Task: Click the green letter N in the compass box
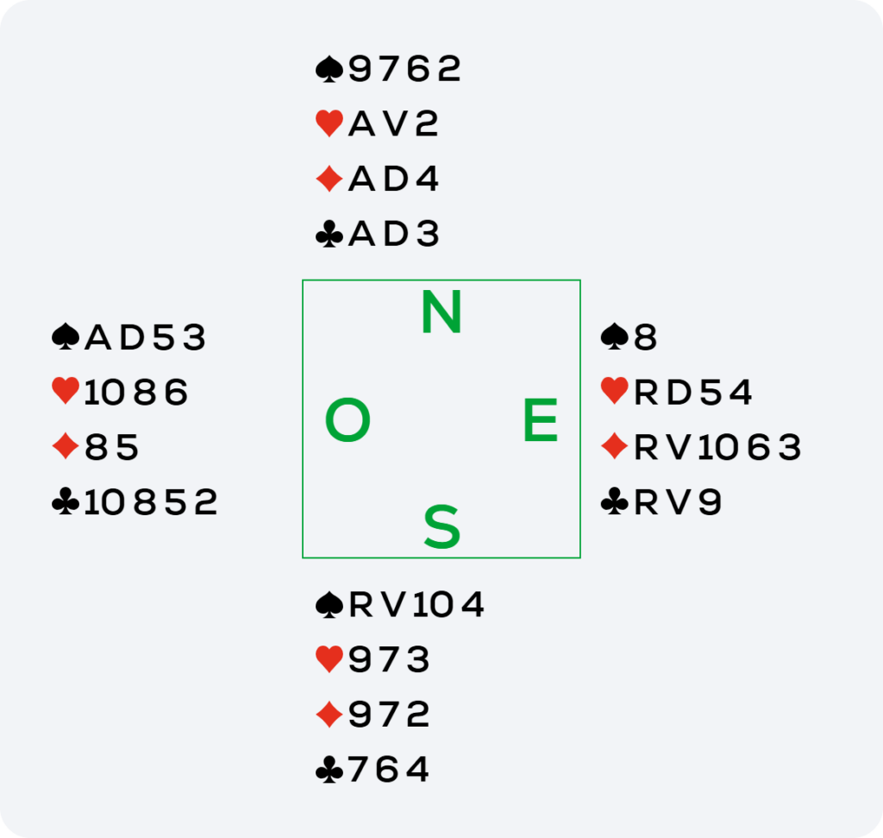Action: coord(441,312)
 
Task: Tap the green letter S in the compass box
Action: coord(442,526)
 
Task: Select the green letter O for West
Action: coord(348,419)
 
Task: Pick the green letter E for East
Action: coord(541,419)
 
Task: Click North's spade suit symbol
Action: coord(329,69)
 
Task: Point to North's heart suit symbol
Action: coord(329,123)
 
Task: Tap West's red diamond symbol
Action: coord(66,446)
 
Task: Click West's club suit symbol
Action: coord(66,501)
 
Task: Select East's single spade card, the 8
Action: coord(645,337)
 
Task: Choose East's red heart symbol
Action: coord(614,391)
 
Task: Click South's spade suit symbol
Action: coord(329,605)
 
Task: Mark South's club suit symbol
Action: coord(329,770)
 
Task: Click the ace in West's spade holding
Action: coord(97,337)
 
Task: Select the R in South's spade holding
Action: coord(361,605)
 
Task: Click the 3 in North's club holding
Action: coord(428,234)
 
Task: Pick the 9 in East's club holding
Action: coord(710,502)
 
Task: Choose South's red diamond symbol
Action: coord(329,715)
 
